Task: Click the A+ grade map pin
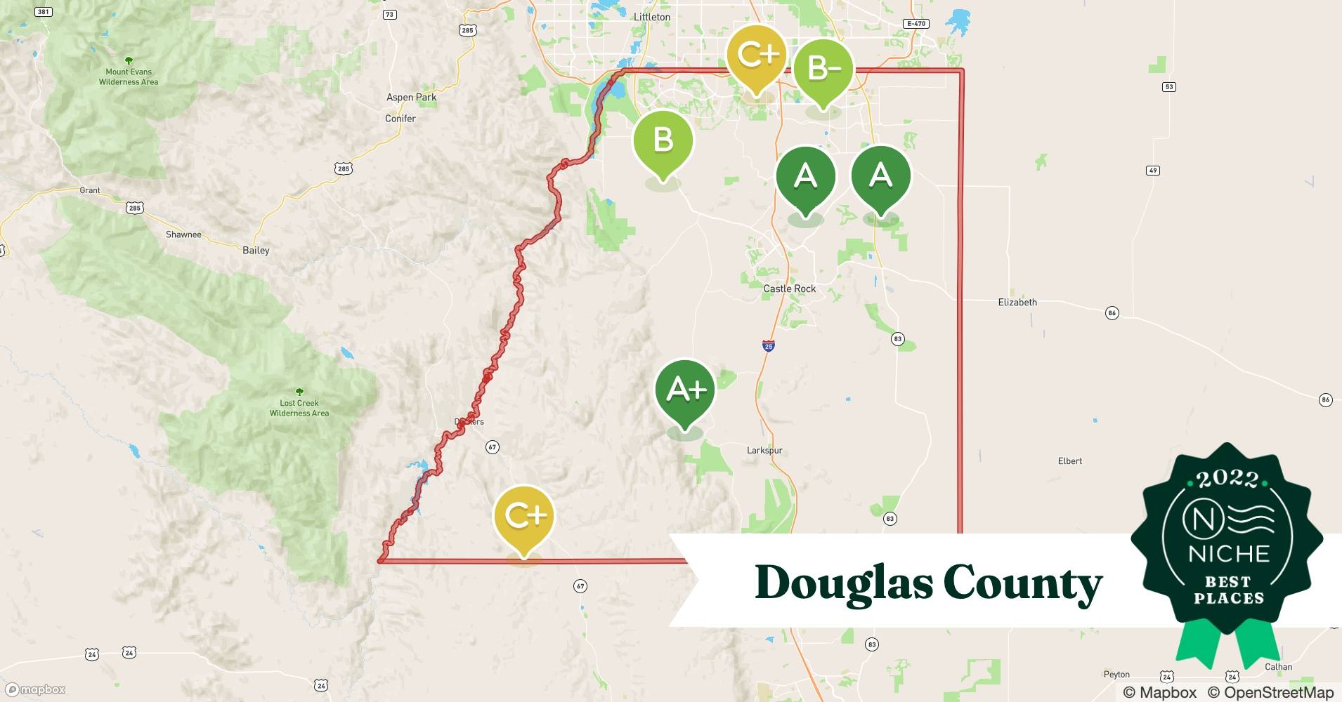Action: (685, 390)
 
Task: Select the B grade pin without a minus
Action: (663, 140)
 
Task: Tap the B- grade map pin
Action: (823, 69)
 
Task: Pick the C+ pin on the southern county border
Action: (524, 516)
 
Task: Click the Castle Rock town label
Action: (790, 289)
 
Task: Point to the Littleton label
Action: (652, 17)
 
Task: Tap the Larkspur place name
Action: (764, 451)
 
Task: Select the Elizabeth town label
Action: (1017, 303)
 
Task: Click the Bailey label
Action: (256, 251)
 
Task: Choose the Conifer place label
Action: (400, 119)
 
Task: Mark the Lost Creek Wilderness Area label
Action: (299, 408)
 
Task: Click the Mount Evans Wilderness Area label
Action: (129, 77)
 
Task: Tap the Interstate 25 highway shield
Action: (769, 346)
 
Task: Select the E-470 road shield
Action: (916, 24)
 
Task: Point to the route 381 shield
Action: (44, 12)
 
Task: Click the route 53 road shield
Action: (1169, 87)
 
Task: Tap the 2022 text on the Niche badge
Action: (1227, 479)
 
